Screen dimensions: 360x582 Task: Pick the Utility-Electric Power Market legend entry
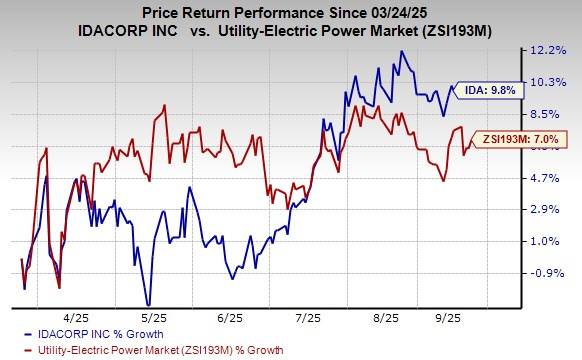[150, 349]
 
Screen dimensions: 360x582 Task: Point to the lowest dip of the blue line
[148, 305]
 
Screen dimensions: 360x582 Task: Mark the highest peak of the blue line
[401, 51]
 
